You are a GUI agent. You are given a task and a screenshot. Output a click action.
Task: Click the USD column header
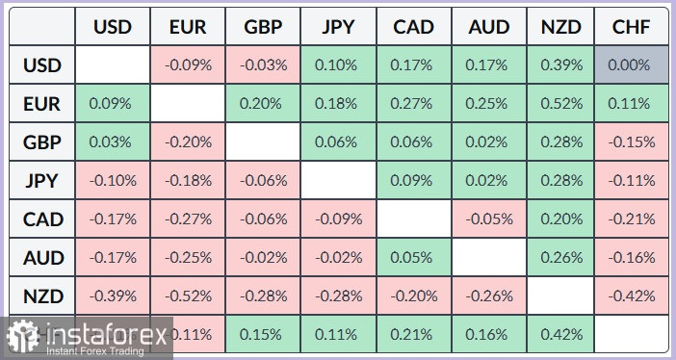[113, 27]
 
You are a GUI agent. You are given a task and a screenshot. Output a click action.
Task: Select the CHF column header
[631, 27]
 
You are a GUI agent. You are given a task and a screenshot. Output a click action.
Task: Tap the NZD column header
[560, 27]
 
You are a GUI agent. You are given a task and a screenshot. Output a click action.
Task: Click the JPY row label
[41, 180]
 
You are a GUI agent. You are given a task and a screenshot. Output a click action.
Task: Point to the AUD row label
[41, 257]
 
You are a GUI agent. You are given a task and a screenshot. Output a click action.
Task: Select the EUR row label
[41, 103]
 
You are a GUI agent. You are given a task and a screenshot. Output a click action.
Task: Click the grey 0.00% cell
[631, 65]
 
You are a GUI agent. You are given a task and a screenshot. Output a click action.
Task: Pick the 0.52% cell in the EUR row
[560, 103]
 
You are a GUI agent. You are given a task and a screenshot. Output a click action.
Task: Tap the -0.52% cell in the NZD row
[188, 296]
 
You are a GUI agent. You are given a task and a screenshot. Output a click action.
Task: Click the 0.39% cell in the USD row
[560, 65]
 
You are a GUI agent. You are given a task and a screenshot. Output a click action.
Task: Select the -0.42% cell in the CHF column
[631, 296]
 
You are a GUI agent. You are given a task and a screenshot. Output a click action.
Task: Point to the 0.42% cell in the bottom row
[560, 334]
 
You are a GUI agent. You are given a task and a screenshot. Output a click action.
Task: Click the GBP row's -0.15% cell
[631, 141]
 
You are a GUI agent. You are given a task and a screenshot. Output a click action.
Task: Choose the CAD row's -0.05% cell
[489, 219]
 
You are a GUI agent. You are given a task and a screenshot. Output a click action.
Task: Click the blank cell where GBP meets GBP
[263, 141]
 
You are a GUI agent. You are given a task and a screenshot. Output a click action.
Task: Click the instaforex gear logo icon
[23, 335]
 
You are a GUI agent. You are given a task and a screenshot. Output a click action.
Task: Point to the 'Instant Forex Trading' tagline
[94, 351]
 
